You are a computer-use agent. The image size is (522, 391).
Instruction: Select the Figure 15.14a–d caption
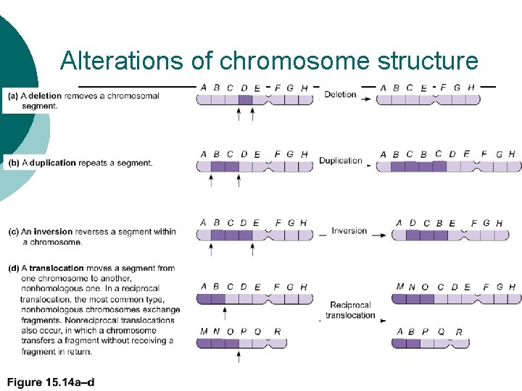(x=51, y=382)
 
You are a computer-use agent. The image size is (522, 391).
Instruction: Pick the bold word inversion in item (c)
(x=56, y=232)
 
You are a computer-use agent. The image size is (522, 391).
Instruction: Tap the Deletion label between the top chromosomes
(x=340, y=94)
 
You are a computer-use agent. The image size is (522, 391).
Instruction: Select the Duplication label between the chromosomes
(x=340, y=161)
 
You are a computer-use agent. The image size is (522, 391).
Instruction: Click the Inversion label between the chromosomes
(x=349, y=231)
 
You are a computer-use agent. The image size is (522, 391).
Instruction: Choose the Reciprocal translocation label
(x=350, y=310)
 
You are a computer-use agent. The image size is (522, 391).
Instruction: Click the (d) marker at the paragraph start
(x=14, y=268)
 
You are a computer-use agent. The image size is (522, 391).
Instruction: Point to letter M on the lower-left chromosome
(x=202, y=332)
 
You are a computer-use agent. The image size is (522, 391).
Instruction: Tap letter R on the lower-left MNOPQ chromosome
(x=278, y=332)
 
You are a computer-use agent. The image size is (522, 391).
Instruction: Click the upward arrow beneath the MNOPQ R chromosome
(x=239, y=357)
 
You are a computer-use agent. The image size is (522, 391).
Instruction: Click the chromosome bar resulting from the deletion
(x=428, y=100)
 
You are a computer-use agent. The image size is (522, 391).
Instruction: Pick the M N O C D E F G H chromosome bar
(x=456, y=299)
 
